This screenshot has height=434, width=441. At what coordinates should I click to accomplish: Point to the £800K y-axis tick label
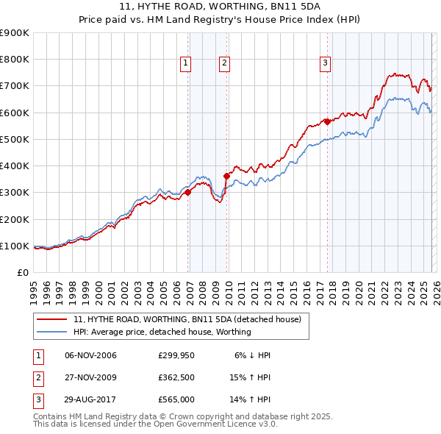(x=14, y=60)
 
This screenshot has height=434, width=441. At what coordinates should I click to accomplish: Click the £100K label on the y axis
(x=14, y=246)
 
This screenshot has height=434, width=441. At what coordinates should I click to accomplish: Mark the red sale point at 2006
(x=187, y=193)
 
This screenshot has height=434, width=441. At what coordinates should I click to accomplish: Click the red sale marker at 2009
(x=227, y=176)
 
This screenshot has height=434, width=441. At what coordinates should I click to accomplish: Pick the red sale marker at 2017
(x=327, y=122)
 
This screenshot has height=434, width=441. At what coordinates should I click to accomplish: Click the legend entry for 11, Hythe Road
(x=187, y=319)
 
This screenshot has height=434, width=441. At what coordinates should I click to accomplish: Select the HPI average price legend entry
(x=162, y=332)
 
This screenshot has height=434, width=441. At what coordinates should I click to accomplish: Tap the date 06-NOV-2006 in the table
(x=91, y=355)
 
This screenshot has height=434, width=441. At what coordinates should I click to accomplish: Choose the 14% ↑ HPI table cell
(x=250, y=401)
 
